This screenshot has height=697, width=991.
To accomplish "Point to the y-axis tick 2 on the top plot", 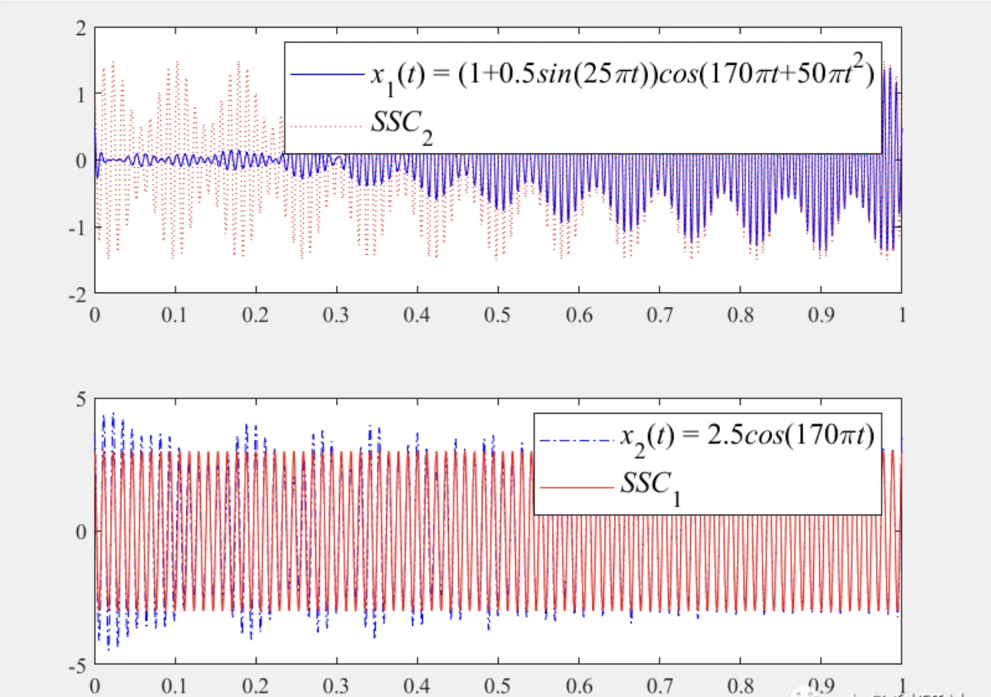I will [79, 28].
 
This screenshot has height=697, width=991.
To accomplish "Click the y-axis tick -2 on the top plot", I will [76, 293].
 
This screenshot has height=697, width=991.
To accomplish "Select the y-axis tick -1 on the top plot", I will [76, 227].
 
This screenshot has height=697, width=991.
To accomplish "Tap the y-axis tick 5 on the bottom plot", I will [79, 399].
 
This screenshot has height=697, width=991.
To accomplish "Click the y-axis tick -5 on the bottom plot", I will [76, 663].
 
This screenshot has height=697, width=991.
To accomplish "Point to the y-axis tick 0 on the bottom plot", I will [79, 531].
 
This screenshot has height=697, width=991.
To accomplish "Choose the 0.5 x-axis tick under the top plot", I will [498, 314].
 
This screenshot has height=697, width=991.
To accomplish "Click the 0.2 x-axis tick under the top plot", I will [256, 314].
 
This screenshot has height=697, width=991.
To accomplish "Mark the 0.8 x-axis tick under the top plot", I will [740, 314].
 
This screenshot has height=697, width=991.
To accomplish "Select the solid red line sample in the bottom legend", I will [575, 486].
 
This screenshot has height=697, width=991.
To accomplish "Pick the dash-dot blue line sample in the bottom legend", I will [575, 440].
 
